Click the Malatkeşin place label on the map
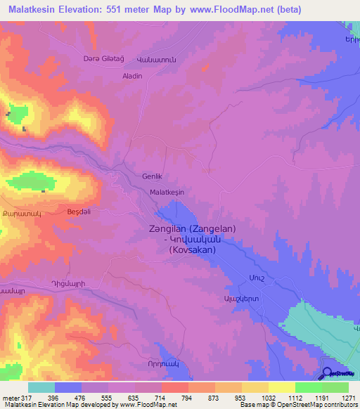167,191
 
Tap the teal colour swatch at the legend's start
41,387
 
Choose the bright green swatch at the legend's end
335,387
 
